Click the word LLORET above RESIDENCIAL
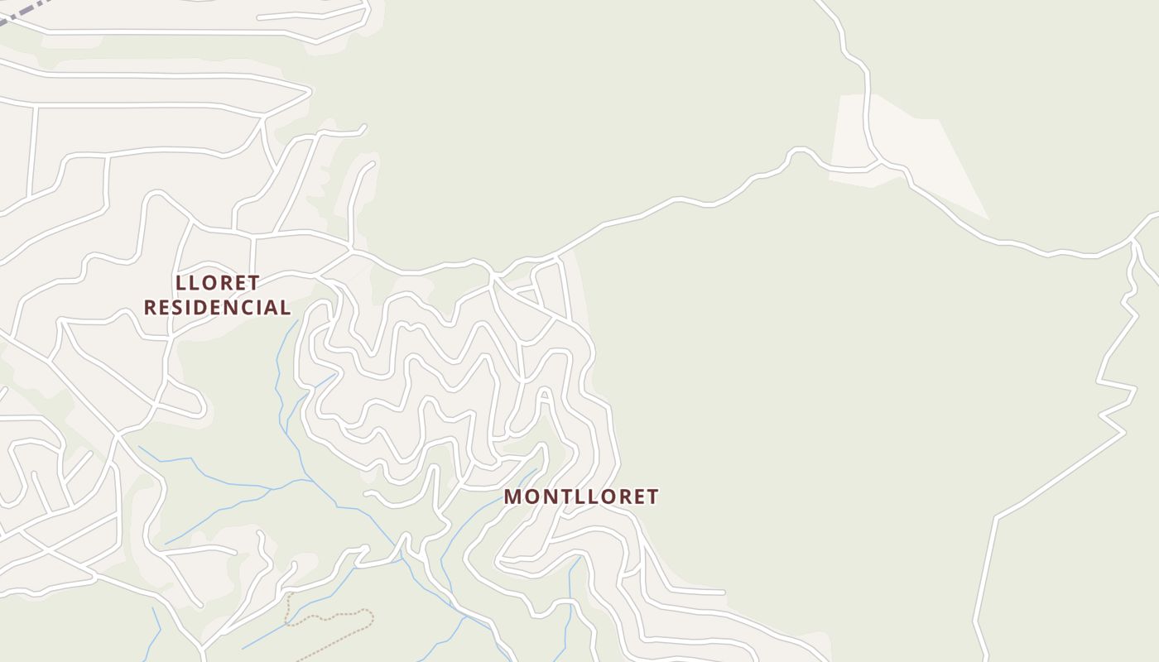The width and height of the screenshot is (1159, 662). [x=218, y=283]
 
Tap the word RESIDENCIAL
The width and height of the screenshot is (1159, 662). [x=217, y=308]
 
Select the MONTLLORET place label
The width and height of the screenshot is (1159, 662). [x=581, y=496]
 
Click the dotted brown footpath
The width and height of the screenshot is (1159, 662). [x=331, y=616]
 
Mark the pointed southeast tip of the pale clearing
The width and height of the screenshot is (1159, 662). [x=987, y=218]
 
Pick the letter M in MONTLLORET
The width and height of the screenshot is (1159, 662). [x=513, y=496]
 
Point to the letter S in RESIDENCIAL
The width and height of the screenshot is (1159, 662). [x=182, y=308]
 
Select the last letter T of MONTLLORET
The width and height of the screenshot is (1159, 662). [x=652, y=496]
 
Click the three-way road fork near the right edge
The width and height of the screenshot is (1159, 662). [x=1133, y=241]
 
